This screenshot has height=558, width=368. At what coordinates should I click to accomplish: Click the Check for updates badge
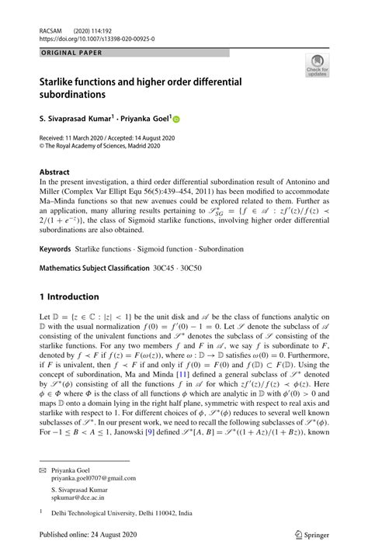318,65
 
